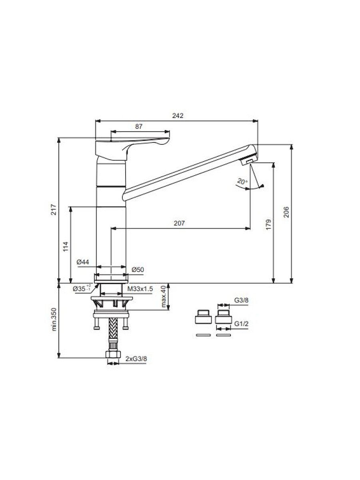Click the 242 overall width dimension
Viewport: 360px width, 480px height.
(178, 116)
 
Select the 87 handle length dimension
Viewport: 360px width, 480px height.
(139, 126)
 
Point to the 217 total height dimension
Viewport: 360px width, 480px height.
(54, 209)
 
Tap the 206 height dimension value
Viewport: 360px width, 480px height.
(286, 212)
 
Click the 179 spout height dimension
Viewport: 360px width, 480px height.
(269, 224)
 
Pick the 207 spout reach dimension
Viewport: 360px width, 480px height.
(179, 223)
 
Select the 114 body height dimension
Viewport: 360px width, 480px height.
(66, 246)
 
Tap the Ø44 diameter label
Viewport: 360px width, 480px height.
(83, 262)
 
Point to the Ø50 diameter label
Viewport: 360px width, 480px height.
(138, 270)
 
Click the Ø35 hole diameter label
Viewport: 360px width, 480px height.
(81, 289)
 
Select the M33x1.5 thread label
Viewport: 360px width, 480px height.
(140, 289)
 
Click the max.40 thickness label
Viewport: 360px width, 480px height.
(164, 296)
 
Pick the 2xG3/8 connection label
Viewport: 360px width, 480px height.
(136, 359)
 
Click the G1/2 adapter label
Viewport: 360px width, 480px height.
(241, 324)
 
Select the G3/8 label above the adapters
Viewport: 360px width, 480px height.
(241, 300)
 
